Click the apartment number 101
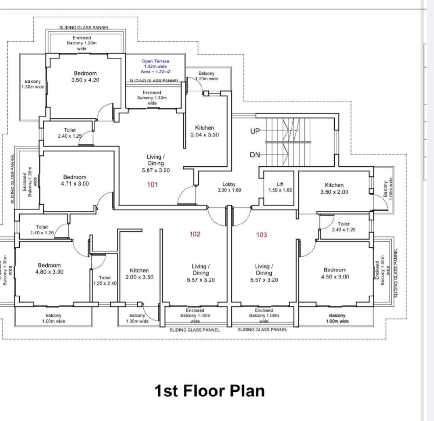tap(153, 184)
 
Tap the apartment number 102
tap(195, 234)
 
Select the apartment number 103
tap(262, 235)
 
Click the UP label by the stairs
tap(255, 131)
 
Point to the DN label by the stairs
tap(255, 155)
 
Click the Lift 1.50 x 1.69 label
tap(280, 187)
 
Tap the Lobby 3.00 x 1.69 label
tap(229, 187)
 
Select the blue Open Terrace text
tap(155, 66)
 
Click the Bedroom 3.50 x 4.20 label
tap(85, 77)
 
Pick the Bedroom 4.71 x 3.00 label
tap(75, 180)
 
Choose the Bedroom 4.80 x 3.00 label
tap(49, 268)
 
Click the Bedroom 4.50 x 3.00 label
tap(335, 273)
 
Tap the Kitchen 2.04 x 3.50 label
tap(205, 131)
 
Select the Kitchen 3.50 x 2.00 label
tap(334, 189)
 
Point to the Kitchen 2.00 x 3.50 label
tap(139, 274)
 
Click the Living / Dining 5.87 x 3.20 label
tap(155, 163)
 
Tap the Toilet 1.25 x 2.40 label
tap(105, 281)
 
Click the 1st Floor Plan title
tap(210, 391)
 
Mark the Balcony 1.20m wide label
tap(206, 76)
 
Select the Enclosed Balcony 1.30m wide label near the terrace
tap(152, 98)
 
